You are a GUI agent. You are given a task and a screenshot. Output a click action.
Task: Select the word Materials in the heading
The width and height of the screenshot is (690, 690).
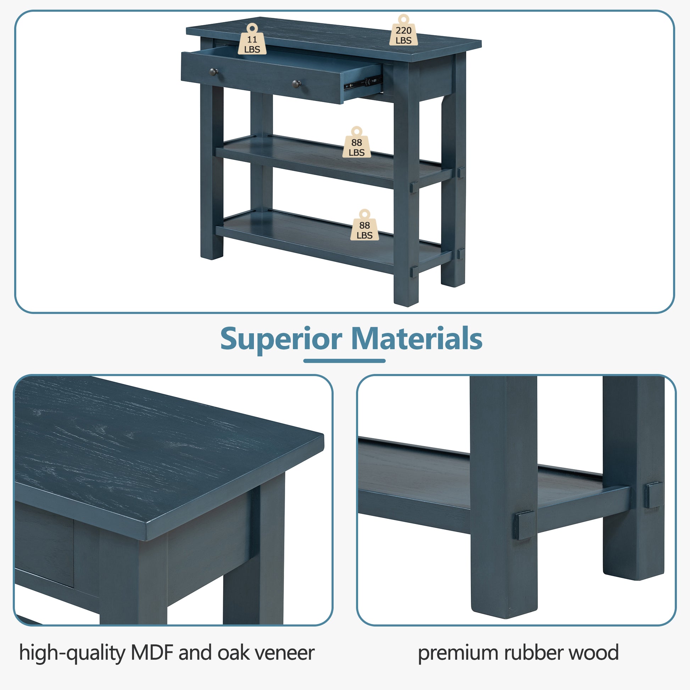tap(417, 338)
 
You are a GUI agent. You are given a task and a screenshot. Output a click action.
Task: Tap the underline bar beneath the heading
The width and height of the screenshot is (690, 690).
tap(344, 361)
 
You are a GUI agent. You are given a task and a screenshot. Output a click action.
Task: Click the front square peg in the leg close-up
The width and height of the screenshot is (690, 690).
tap(524, 525)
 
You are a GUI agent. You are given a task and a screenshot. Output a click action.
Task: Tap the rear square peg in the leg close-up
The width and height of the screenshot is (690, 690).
tap(653, 495)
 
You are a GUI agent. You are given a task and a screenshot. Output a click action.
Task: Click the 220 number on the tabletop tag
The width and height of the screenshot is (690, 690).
tap(403, 30)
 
